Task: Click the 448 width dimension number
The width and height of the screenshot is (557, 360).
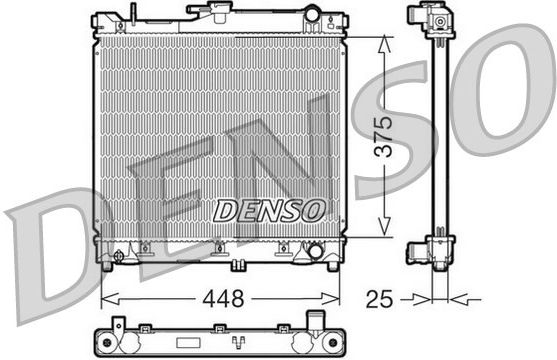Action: pos(223,299)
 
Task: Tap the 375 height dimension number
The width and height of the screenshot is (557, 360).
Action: pos(384,136)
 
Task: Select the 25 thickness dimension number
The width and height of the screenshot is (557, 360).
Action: pos(379,299)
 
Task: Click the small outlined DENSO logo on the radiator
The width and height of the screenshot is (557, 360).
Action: pos(269,210)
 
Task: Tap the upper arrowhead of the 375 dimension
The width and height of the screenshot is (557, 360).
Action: pos(384,45)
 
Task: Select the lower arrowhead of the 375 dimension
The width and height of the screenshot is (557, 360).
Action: pos(384,227)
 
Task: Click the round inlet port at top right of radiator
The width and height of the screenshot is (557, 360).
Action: pos(312,15)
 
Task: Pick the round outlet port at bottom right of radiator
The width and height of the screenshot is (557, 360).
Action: pos(315,251)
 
